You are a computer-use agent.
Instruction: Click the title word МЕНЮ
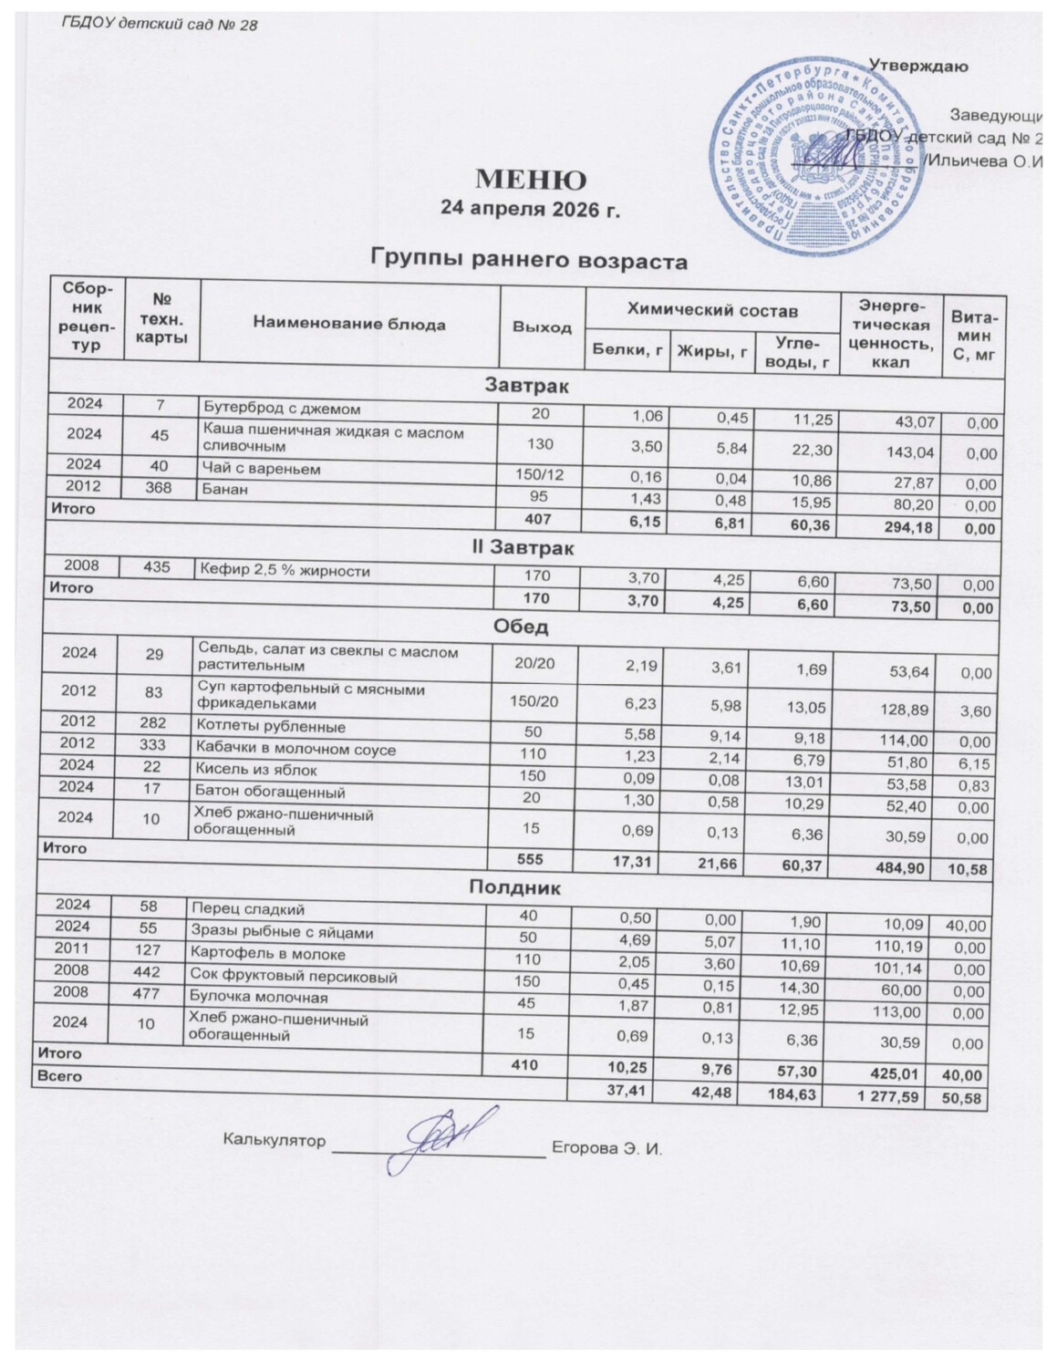(x=530, y=178)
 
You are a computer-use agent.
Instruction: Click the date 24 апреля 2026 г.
(x=530, y=209)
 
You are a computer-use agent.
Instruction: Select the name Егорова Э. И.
(x=606, y=1146)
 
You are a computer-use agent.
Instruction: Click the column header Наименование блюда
(x=349, y=324)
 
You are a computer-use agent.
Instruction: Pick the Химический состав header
(x=712, y=311)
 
